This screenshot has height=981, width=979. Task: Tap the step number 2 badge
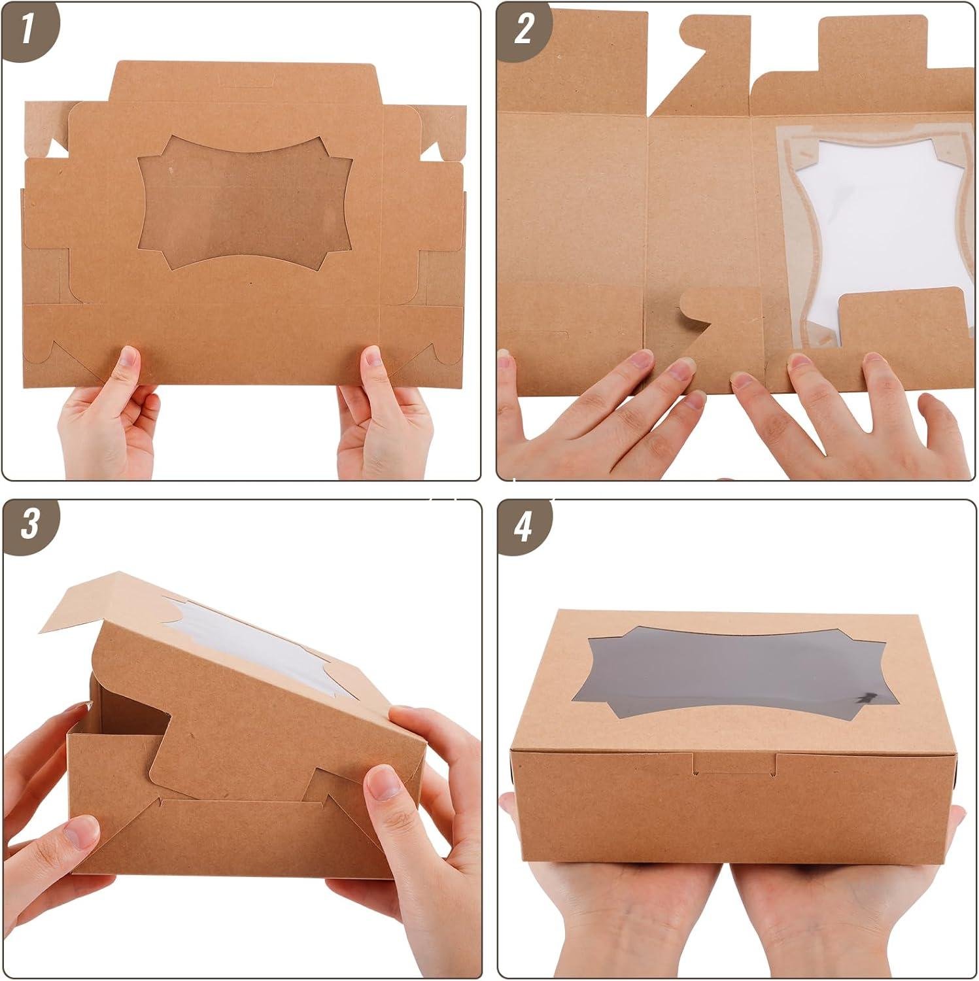pyautogui.click(x=523, y=29)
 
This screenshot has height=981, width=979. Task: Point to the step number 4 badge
pyautogui.click(x=523, y=526)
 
